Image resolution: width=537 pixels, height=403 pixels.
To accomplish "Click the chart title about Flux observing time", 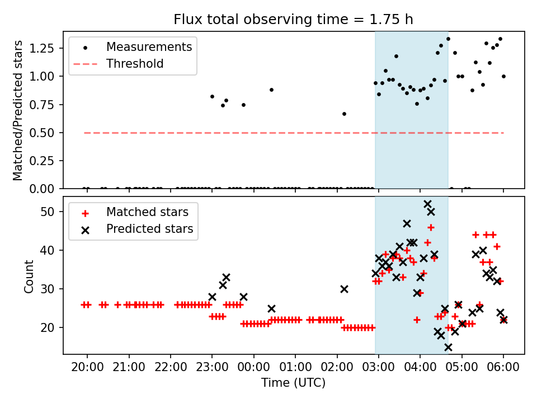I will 294,20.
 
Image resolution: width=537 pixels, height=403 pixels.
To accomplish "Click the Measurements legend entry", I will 149,46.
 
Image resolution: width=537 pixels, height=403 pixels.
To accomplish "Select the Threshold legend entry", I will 135,64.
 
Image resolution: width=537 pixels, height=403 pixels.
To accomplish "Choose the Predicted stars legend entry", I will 150,229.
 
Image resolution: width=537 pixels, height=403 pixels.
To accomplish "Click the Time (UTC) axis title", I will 294,383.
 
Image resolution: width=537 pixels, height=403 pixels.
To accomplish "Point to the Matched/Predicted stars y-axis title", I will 18,110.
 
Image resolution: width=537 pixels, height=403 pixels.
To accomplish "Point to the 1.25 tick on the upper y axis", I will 48,48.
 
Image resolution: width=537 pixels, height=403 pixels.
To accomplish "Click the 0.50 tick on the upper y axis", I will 48,133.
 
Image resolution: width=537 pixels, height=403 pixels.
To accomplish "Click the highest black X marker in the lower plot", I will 427,204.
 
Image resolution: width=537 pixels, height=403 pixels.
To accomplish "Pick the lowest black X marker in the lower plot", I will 448,347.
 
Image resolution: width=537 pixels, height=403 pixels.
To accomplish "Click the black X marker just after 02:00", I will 344,289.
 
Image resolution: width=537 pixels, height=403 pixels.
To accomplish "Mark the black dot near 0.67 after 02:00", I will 344,114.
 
